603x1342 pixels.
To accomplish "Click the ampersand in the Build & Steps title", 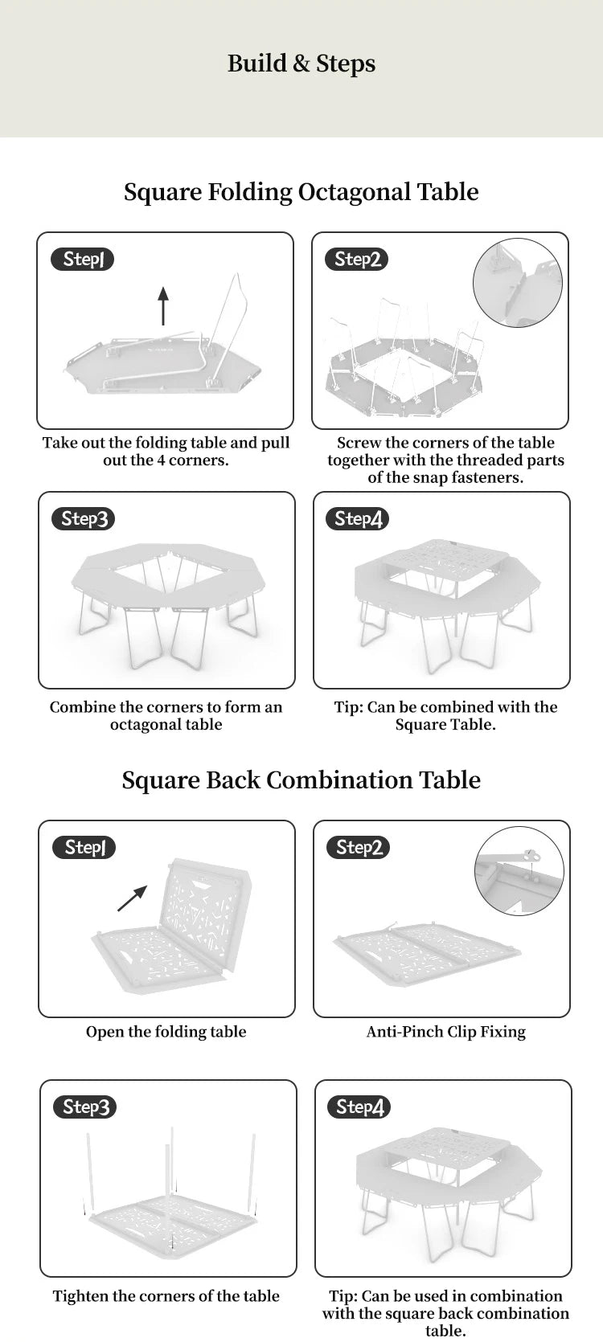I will [302, 63].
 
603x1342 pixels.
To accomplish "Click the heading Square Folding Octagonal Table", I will [301, 192].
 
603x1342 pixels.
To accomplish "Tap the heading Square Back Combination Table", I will [301, 780].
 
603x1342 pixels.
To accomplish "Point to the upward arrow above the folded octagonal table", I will [163, 305].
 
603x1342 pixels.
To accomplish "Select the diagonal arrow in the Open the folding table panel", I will [133, 898].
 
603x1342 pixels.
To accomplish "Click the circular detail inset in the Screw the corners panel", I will [517, 282].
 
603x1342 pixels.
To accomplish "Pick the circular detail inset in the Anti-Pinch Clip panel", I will [519, 871].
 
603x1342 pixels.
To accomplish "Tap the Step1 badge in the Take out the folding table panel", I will [83, 259].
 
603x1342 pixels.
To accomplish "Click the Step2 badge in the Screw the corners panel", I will [357, 259].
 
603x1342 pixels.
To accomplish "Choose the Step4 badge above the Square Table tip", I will [358, 518].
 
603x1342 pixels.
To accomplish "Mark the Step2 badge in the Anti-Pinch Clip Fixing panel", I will [359, 847].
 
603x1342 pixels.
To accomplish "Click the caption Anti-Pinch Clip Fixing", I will [445, 1032].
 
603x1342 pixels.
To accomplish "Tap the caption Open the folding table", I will [166, 1032].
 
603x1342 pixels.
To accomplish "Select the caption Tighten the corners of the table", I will [166, 1296].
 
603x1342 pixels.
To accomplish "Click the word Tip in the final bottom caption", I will [342, 1296].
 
